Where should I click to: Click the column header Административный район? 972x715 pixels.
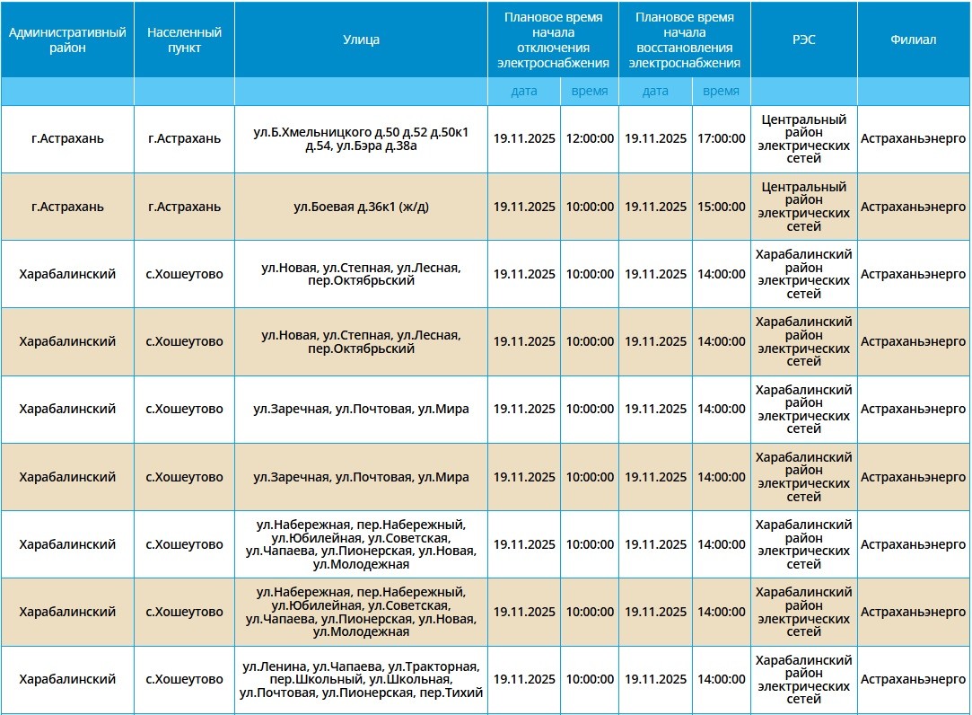click(67, 40)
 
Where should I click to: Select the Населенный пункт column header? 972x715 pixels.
click(184, 40)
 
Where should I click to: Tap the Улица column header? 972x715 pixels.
click(361, 40)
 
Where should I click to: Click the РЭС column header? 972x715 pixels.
click(803, 40)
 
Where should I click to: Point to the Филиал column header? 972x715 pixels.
click(914, 40)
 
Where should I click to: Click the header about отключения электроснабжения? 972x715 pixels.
click(553, 40)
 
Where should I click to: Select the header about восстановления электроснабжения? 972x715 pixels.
click(684, 40)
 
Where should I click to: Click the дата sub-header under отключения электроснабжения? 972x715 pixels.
click(524, 91)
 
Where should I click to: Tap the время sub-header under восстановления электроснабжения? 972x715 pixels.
click(721, 91)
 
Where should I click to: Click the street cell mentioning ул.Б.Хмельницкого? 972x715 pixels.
click(361, 139)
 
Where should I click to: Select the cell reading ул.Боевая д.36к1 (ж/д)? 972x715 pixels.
click(361, 207)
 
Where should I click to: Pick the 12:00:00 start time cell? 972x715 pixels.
click(590, 139)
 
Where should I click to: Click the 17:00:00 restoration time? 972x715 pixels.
click(721, 139)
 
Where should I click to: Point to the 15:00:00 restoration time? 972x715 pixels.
click(721, 207)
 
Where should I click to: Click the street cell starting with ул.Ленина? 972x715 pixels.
click(361, 680)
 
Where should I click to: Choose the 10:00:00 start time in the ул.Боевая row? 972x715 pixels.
click(590, 207)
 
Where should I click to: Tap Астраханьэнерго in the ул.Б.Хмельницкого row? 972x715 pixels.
click(914, 139)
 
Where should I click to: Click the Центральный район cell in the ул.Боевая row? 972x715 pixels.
click(803, 207)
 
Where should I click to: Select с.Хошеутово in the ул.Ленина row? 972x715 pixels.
click(184, 680)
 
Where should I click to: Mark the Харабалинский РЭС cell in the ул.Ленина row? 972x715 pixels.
click(803, 680)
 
